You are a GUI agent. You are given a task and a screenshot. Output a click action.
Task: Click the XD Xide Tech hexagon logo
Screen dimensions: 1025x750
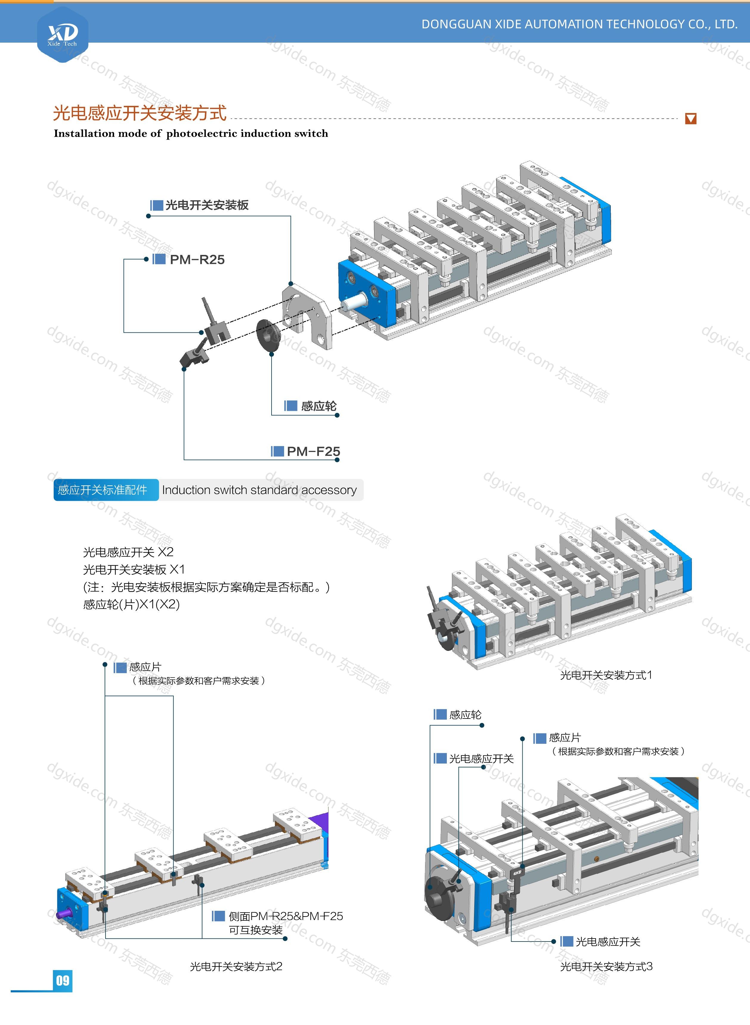point(63,34)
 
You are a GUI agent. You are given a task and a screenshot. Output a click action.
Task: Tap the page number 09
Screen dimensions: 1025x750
point(63,981)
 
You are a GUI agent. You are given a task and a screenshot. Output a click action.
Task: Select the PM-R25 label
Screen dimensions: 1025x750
point(197,260)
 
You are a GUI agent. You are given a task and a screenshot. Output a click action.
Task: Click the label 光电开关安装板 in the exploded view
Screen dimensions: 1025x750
point(207,205)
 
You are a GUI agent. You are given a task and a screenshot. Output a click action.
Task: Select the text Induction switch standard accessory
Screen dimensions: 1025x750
point(259,490)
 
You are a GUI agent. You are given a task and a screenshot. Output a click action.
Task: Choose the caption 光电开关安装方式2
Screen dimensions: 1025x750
point(236,967)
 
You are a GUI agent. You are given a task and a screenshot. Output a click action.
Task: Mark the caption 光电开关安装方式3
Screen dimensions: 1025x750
point(606,967)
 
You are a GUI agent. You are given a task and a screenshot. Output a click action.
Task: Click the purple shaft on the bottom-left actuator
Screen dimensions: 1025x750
point(63,912)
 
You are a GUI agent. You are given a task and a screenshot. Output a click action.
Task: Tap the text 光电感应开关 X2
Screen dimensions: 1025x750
point(128,552)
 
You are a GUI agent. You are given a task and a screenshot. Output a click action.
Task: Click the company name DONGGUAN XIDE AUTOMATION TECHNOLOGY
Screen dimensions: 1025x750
point(579,24)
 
